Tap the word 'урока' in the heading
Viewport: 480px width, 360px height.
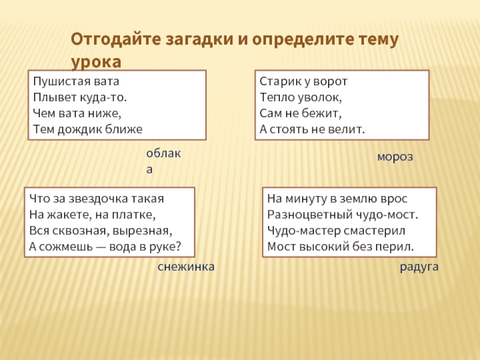[x=95, y=62]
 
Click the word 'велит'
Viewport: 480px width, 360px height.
[x=350, y=128]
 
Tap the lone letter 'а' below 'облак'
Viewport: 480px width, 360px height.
[x=150, y=169]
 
